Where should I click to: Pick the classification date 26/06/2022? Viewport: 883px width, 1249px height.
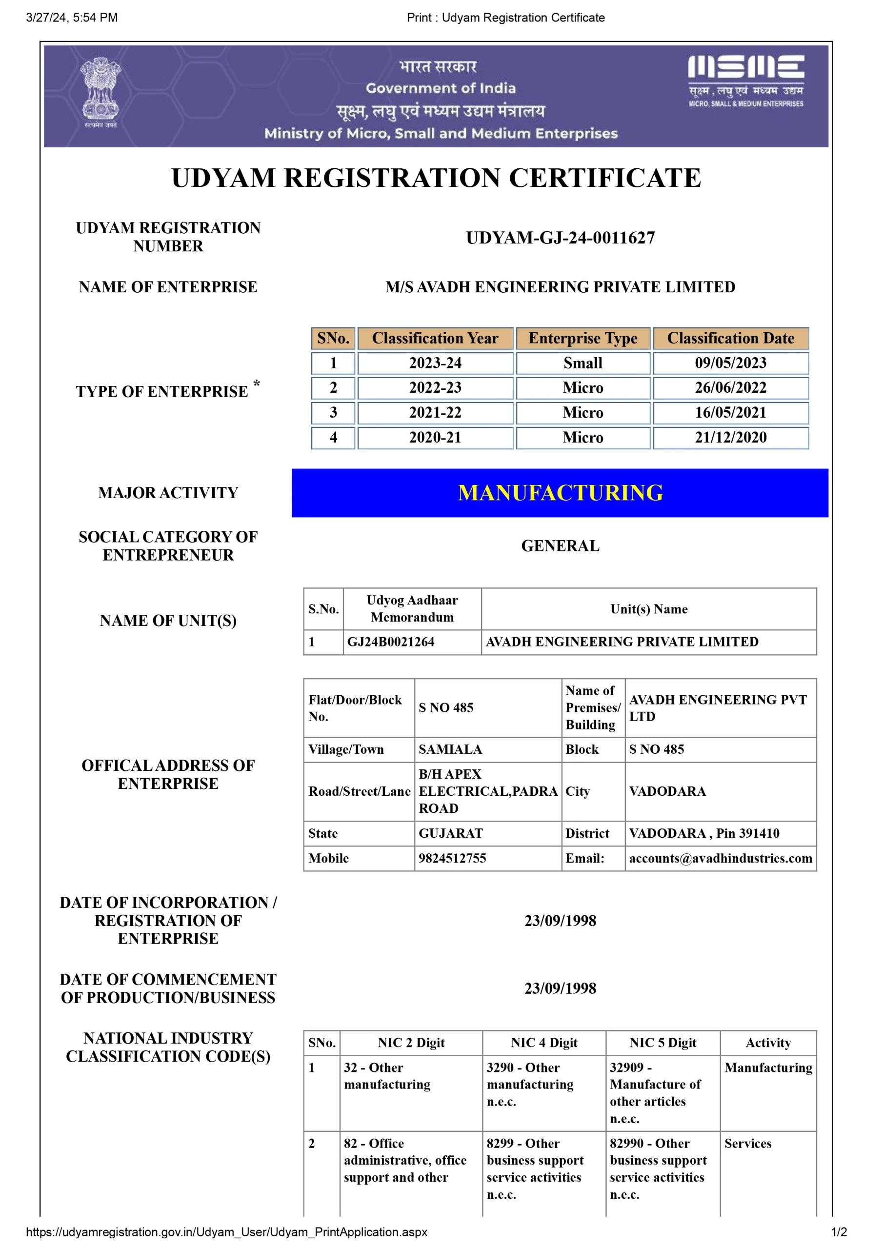[730, 387]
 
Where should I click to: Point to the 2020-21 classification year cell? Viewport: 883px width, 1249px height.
[435, 437]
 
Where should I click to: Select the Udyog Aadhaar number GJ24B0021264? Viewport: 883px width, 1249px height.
[391, 642]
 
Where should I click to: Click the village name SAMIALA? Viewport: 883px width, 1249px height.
[450, 749]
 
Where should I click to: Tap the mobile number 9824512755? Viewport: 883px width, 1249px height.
[452, 858]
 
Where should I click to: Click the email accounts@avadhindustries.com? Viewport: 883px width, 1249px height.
[720, 858]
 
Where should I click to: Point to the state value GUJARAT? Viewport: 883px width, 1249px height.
[450, 833]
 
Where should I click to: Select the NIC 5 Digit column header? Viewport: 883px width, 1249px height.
[662, 1042]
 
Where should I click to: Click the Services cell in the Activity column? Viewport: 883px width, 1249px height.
[747, 1143]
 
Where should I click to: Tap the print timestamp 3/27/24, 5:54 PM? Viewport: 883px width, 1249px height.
[72, 18]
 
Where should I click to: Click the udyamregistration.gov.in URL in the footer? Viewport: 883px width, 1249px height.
[226, 1231]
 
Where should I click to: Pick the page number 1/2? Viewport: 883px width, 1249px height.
[839, 1231]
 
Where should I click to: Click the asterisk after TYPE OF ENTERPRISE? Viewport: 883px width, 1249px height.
[256, 383]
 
